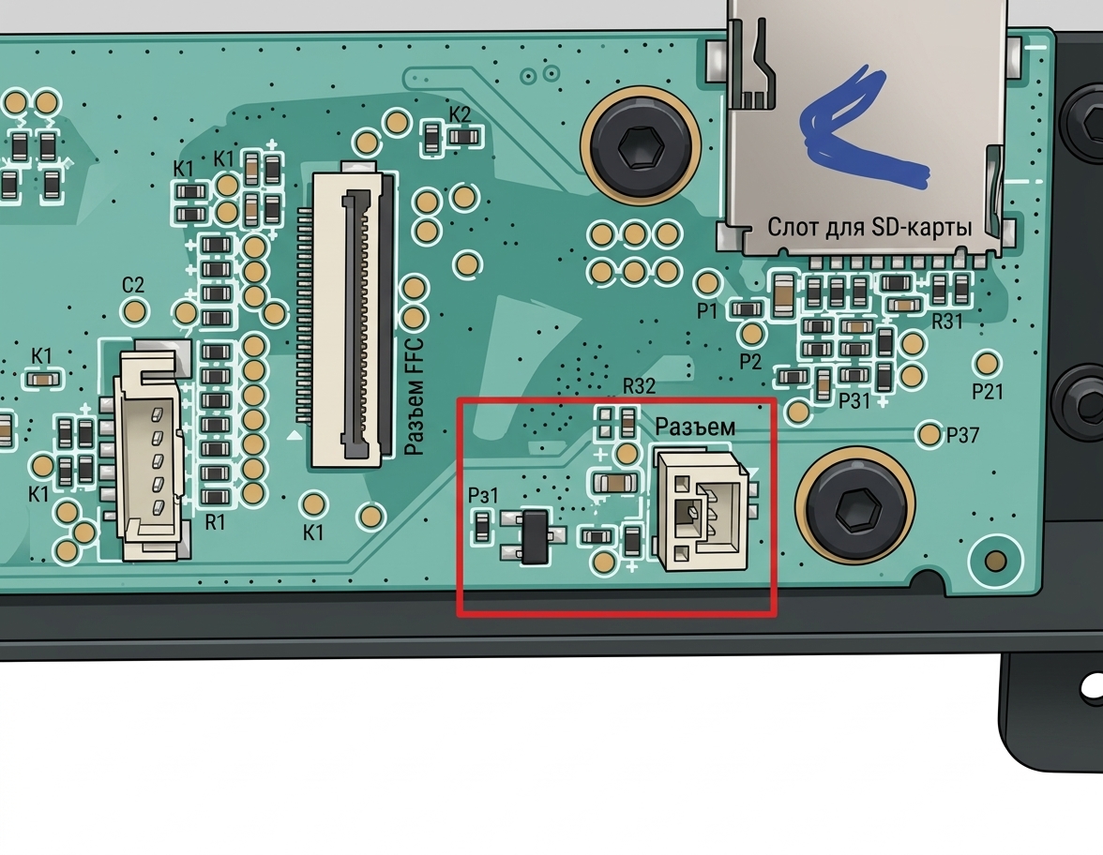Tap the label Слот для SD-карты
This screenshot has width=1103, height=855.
[x=869, y=227]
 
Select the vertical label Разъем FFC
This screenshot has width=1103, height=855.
[x=415, y=397]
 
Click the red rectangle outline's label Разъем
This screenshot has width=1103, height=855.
[x=695, y=426]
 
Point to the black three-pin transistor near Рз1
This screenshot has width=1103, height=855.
[x=534, y=537]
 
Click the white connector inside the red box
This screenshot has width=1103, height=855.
[x=702, y=509]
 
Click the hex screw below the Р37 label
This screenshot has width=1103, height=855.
[x=854, y=506]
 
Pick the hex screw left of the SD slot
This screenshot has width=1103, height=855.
[x=640, y=146]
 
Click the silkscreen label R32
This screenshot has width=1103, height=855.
[x=639, y=385]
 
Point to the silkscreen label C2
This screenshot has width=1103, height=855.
[x=133, y=285]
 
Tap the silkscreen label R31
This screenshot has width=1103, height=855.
[x=947, y=322]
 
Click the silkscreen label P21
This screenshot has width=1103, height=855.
[x=988, y=392]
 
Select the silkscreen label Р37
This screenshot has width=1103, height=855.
[x=962, y=436]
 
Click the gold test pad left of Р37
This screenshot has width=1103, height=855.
[x=929, y=434]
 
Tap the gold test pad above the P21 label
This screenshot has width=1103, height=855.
[x=987, y=363]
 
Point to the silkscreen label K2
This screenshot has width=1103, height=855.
[x=460, y=114]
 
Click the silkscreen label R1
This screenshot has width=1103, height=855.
[x=215, y=522]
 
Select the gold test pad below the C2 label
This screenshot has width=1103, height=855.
[x=134, y=310]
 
